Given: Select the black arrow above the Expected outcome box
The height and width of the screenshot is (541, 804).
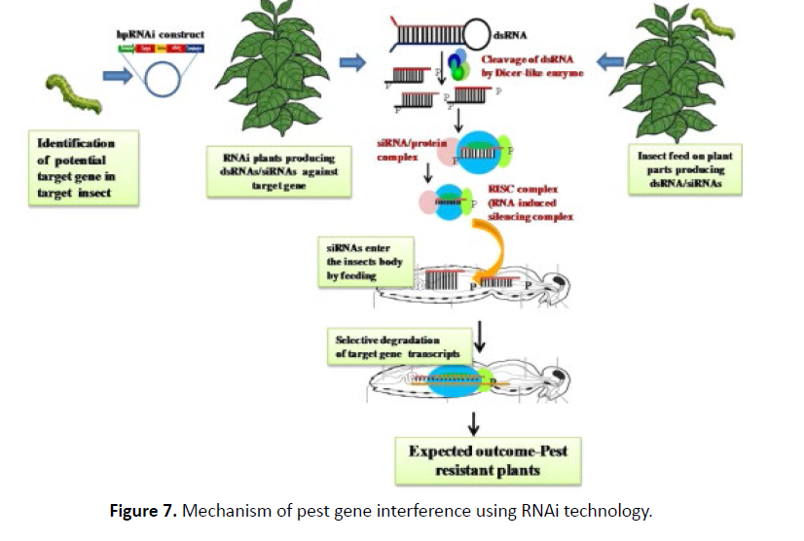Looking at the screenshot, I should point(474,420).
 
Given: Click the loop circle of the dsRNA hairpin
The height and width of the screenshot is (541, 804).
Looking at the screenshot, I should point(475,34).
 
